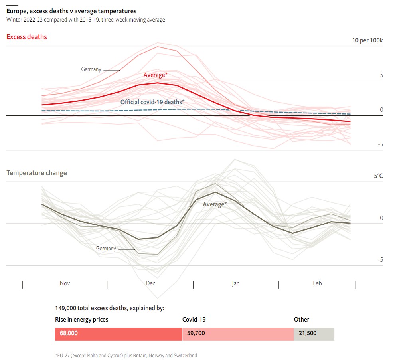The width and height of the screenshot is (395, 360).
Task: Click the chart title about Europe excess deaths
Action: click(71, 11)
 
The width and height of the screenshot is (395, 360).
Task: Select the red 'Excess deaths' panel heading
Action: click(27, 37)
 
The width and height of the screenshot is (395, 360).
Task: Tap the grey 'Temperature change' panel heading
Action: click(37, 173)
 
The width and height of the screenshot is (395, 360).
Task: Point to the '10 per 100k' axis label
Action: click(367, 40)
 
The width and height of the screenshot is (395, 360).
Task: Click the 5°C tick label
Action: click(378, 176)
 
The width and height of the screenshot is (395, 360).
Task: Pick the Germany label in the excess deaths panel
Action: click(91, 69)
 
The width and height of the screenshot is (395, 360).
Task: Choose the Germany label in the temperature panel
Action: click(106, 249)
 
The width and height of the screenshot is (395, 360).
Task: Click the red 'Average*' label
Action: click(155, 75)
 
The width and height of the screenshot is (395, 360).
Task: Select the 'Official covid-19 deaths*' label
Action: click(152, 102)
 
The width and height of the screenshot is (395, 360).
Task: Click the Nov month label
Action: click(65, 283)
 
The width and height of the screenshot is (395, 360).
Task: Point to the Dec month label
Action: click(150, 283)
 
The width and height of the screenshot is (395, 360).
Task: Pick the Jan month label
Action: click(236, 283)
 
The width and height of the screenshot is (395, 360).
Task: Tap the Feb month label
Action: click(317, 283)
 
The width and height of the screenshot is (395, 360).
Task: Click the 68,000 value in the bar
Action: click(69, 333)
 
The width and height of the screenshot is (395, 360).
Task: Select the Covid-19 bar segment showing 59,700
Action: click(237, 333)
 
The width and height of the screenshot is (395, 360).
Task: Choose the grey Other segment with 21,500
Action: click(314, 333)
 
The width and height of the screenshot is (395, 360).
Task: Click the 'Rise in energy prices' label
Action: click(81, 320)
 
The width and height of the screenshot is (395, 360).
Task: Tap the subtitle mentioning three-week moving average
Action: click(85, 20)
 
